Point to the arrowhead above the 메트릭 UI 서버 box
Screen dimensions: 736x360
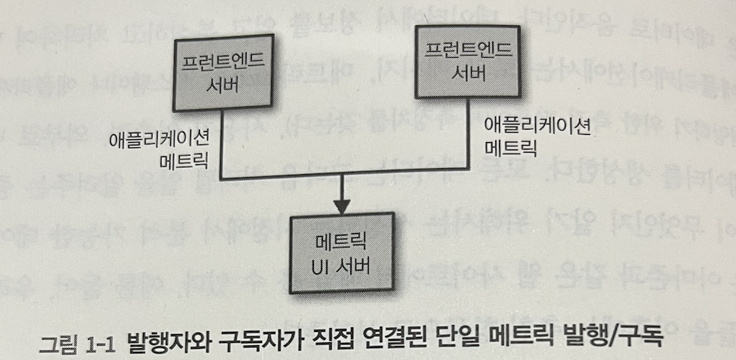point(341,204)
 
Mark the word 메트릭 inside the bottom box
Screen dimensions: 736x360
point(341,241)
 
